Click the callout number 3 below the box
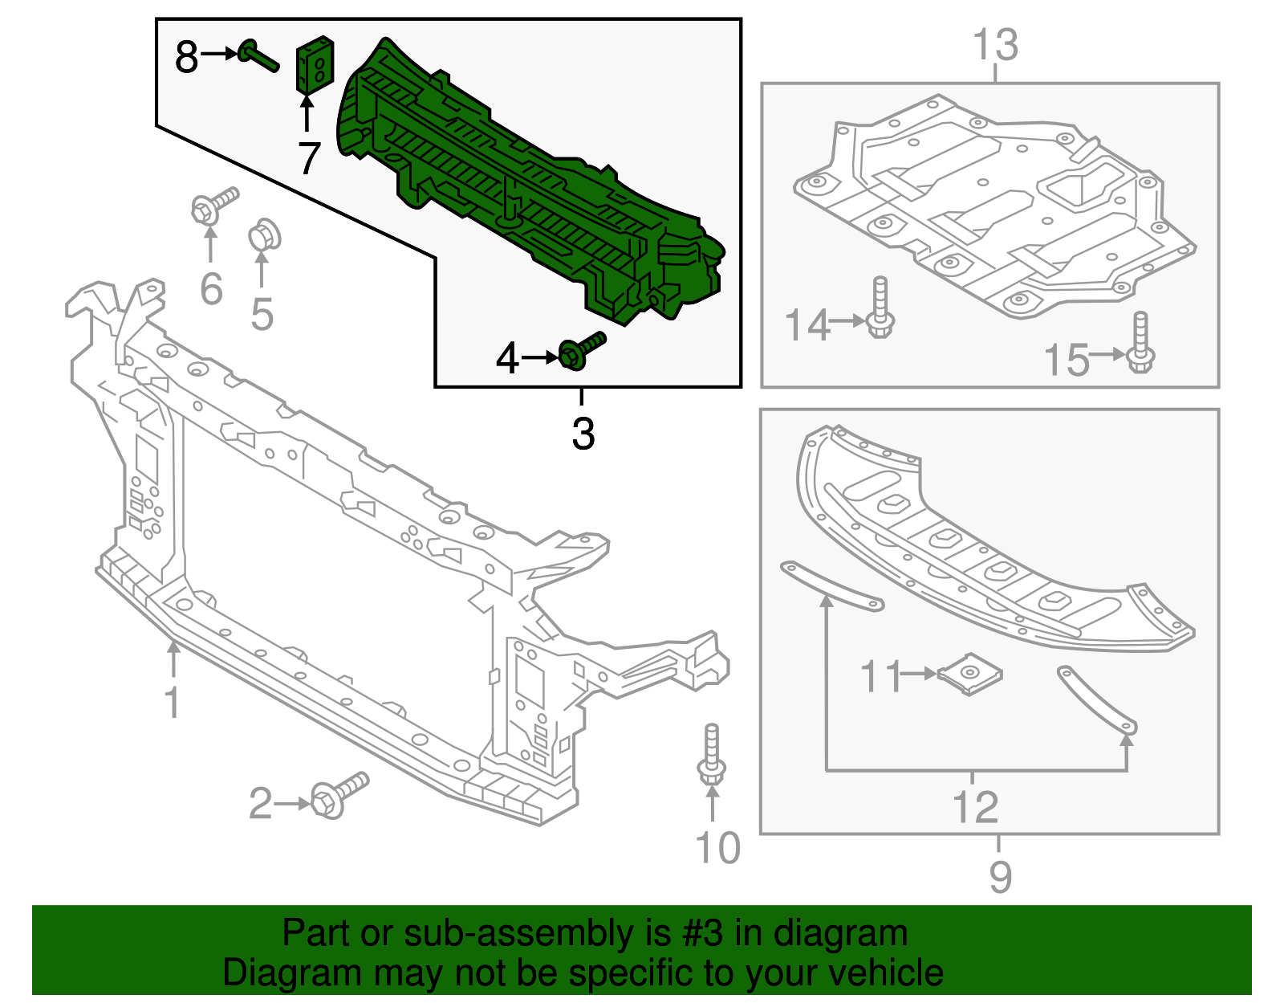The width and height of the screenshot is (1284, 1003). (x=583, y=434)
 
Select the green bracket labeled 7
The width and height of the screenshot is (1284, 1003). (x=315, y=64)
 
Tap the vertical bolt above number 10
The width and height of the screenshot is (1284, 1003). (x=712, y=755)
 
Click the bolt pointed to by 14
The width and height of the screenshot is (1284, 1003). (x=880, y=308)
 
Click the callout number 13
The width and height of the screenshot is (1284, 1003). (x=995, y=45)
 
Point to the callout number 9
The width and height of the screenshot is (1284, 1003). (x=1000, y=876)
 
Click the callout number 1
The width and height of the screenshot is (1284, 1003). (x=172, y=701)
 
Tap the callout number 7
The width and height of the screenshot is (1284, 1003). (x=309, y=158)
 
